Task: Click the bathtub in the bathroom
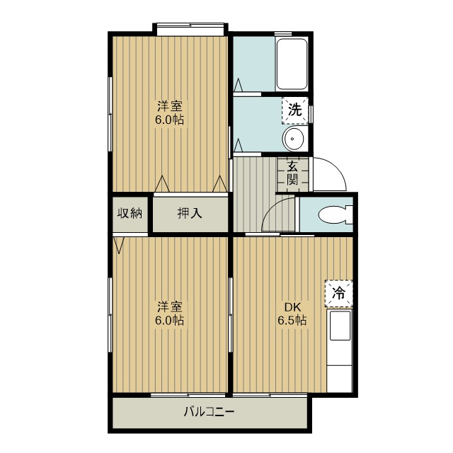tap(292, 64)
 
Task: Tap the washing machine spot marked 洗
tap(295, 110)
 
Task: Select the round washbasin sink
tap(292, 139)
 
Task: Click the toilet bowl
tap(335, 214)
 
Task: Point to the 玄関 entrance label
tap(292, 173)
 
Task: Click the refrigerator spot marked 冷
tap(339, 294)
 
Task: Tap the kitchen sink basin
tap(340, 326)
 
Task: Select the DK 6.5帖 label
tap(292, 314)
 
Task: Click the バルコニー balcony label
tap(210, 412)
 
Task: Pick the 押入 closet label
tap(190, 213)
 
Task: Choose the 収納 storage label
tap(130, 213)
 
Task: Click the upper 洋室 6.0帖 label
tap(170, 113)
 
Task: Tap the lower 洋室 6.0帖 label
tap(170, 314)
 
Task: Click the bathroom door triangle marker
tap(239, 85)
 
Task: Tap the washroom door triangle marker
tap(238, 145)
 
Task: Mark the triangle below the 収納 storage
tap(119, 246)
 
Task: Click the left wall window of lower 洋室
tap(110, 314)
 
